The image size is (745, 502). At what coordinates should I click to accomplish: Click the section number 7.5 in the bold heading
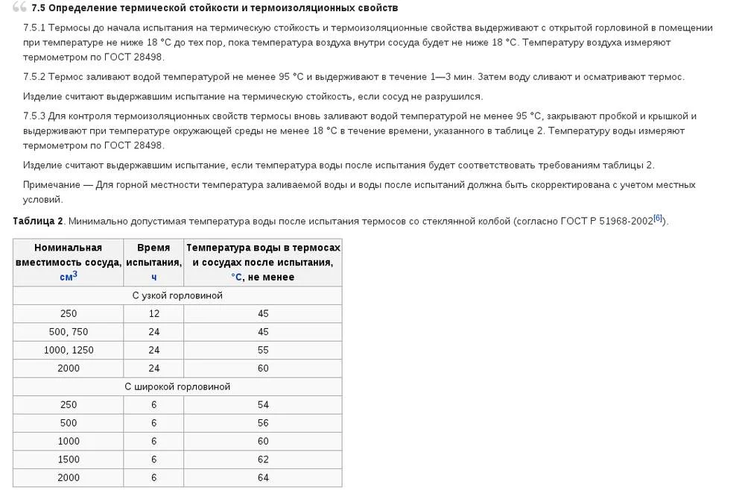click(x=39, y=8)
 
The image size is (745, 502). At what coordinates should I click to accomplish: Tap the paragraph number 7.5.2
click(x=35, y=77)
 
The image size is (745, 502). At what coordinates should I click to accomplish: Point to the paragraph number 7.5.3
click(x=35, y=116)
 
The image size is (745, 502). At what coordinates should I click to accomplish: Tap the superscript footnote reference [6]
click(x=657, y=219)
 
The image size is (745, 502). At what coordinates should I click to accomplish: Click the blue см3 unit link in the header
click(x=69, y=277)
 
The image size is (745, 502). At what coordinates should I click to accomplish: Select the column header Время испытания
click(x=153, y=254)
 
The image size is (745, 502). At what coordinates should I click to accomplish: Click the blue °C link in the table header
click(x=236, y=277)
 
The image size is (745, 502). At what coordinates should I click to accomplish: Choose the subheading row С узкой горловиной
click(x=177, y=295)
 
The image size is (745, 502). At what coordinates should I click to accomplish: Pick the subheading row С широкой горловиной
click(x=177, y=386)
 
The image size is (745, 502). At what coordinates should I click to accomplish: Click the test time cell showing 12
click(x=153, y=314)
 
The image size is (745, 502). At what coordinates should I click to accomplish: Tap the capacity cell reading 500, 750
click(x=69, y=332)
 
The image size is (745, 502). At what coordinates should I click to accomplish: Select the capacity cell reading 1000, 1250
click(x=69, y=350)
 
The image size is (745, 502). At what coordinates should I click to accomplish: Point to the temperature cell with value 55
click(x=263, y=350)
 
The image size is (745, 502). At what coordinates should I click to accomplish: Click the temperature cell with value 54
click(x=263, y=405)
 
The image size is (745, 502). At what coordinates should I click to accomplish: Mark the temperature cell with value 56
click(x=263, y=423)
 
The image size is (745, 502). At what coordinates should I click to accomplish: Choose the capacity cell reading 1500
click(x=69, y=459)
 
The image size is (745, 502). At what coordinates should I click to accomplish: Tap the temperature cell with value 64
click(x=263, y=477)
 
